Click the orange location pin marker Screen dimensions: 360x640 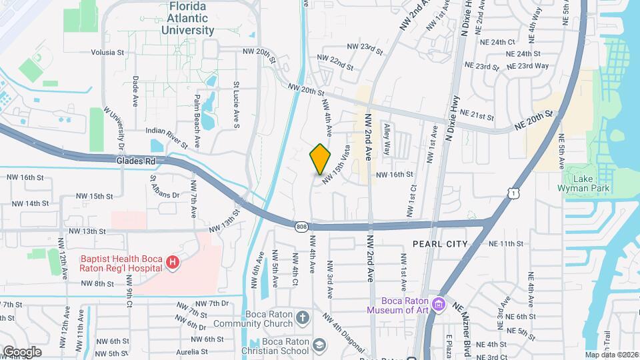[x=321, y=159]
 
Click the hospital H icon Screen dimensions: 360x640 [x=173, y=263]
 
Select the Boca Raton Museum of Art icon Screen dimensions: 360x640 [x=439, y=305]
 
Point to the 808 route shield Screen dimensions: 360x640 [x=302, y=226]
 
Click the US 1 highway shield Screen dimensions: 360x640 [x=512, y=193]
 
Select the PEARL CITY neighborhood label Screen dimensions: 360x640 [x=439, y=244]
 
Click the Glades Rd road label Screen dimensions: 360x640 [x=135, y=161]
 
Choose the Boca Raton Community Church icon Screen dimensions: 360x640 [x=302, y=317]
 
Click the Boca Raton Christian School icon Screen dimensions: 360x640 [x=319, y=344]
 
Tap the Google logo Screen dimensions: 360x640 [x=22, y=351]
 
